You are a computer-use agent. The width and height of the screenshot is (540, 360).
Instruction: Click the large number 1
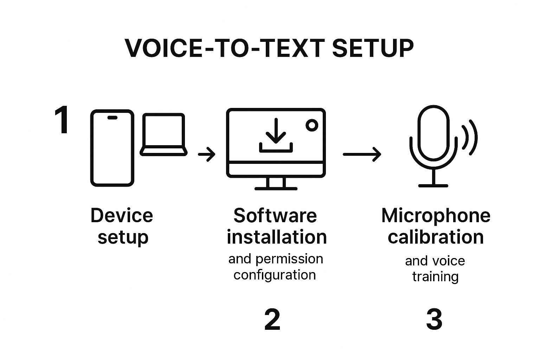[62, 121]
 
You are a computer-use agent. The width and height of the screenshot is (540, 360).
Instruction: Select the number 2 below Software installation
[272, 320]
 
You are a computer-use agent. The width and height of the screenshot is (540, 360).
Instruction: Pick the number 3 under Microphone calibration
[434, 320]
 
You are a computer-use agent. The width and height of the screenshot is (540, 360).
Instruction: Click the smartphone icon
[112, 148]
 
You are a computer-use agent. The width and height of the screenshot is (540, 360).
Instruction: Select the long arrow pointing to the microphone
[362, 154]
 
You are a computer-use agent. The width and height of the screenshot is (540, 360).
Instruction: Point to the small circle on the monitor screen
[311, 125]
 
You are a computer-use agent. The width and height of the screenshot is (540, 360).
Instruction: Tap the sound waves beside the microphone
[470, 137]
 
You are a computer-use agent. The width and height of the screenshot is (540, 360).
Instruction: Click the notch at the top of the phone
[112, 117]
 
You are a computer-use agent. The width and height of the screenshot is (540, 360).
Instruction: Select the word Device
[122, 216]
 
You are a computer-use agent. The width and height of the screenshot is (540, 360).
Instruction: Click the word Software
[275, 216]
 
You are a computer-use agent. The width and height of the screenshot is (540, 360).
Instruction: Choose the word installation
[277, 237]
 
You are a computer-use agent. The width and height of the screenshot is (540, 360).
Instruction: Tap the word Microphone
[436, 216]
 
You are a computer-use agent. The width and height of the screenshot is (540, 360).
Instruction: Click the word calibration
[436, 237]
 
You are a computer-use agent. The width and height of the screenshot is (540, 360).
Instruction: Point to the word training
[435, 277]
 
